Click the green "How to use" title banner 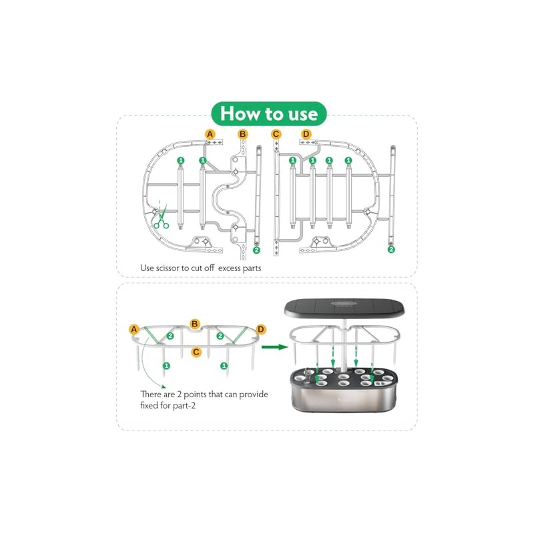pyautogui.click(x=268, y=113)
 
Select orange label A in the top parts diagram pyautogui.click(x=210, y=134)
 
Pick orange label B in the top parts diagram pyautogui.click(x=243, y=134)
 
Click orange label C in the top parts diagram pyautogui.click(x=276, y=134)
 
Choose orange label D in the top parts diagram pyautogui.click(x=306, y=134)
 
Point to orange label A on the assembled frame pyautogui.click(x=134, y=329)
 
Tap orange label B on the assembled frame pyautogui.click(x=195, y=323)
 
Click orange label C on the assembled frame pyautogui.click(x=196, y=351)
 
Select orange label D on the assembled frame pyautogui.click(x=260, y=329)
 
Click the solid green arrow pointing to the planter pyautogui.click(x=271, y=346)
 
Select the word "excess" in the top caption pyautogui.click(x=224, y=268)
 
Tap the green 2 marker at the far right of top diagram pyautogui.click(x=391, y=249)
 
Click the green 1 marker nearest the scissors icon pyautogui.click(x=180, y=161)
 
